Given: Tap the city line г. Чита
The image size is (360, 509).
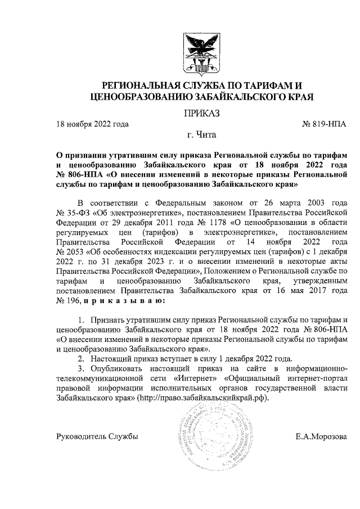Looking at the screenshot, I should [201, 136].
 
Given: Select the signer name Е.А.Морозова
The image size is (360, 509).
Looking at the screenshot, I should [321, 436].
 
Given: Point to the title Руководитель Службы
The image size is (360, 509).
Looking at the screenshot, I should [97, 436].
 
